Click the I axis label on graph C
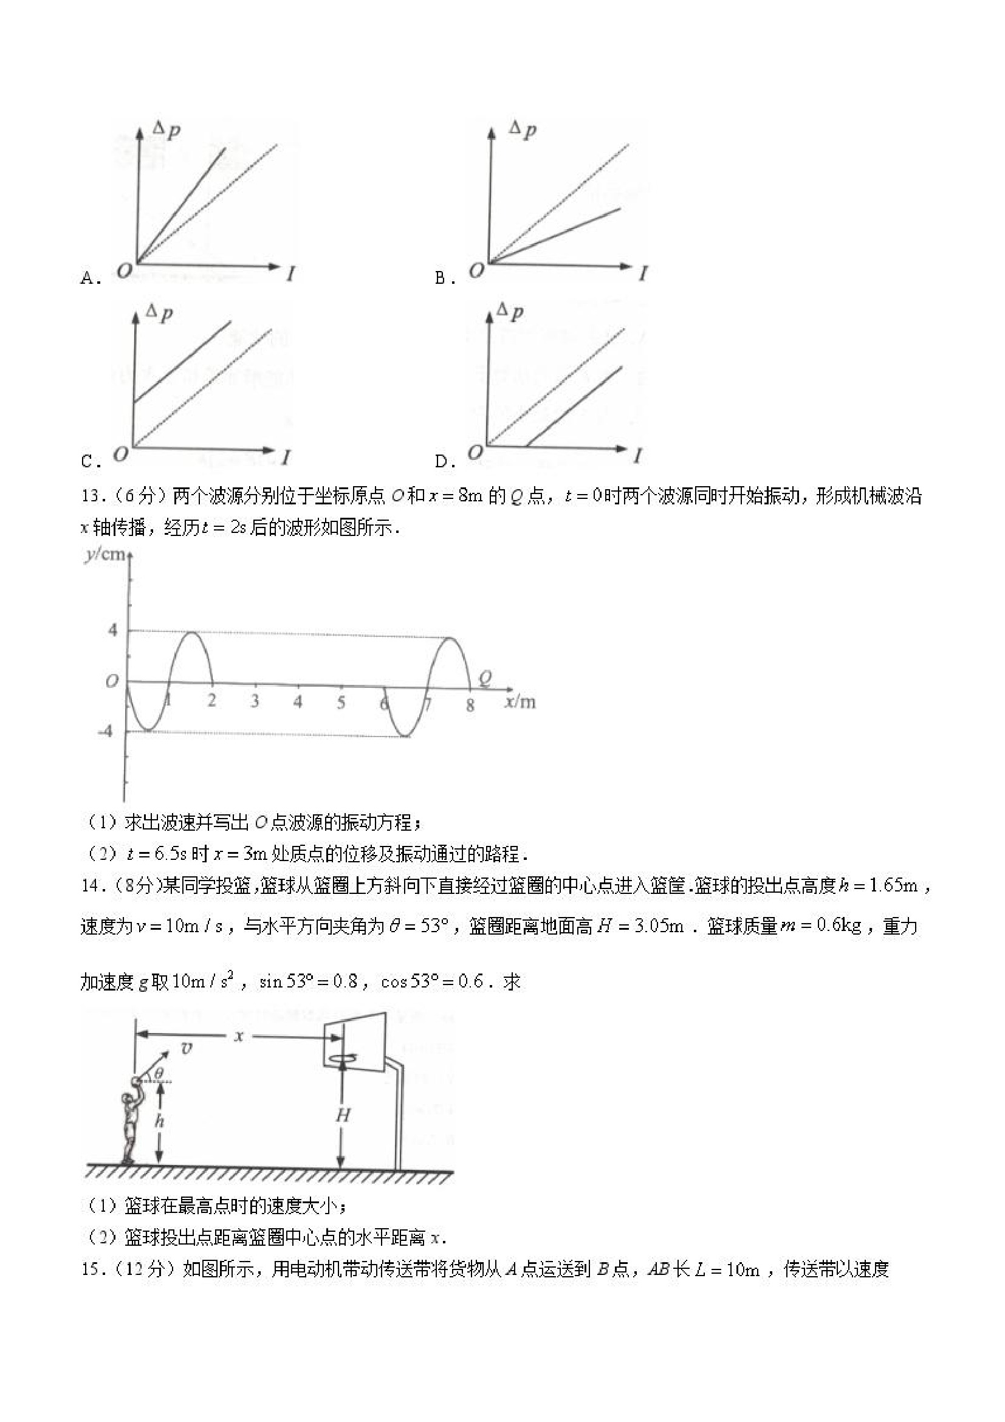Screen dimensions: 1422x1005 point(286,458)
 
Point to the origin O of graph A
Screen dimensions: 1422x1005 point(125,270)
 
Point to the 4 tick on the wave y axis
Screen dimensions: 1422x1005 point(112,631)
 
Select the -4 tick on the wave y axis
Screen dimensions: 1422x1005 point(106,732)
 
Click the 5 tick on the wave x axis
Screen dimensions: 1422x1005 point(341,703)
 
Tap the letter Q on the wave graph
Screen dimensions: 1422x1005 point(485,679)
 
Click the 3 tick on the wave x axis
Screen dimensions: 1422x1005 point(255,702)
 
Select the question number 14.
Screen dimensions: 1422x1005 point(91,885)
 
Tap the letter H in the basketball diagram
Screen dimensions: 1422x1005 point(343,1116)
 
